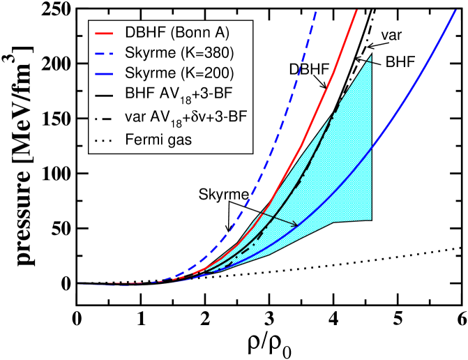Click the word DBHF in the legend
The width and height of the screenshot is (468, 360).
coord(142,33)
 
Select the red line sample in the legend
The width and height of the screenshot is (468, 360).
coord(103,33)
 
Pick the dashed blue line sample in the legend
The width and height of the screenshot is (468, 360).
coord(103,52)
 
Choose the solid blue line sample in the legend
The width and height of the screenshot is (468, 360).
coord(103,72)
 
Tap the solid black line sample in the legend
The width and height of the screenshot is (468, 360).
coord(103,91)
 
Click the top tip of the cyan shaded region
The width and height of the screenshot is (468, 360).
coord(371,55)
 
